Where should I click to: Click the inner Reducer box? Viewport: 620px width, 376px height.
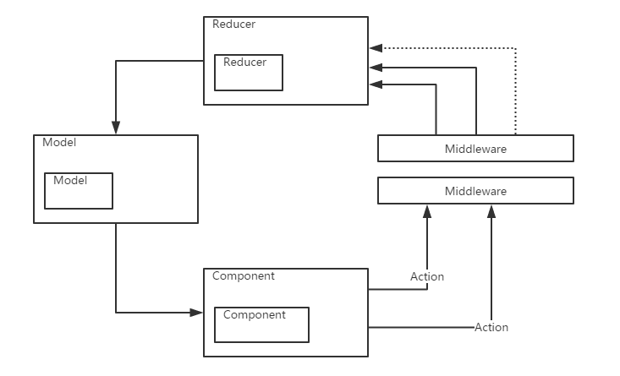(249, 73)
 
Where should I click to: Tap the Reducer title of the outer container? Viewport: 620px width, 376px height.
(233, 25)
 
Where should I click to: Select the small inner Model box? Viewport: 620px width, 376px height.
(79, 191)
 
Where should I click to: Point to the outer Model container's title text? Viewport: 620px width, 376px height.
(59, 142)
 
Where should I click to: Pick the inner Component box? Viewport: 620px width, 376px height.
(261, 324)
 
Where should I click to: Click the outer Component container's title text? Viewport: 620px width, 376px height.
(244, 276)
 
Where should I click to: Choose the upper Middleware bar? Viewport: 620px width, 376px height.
(475, 149)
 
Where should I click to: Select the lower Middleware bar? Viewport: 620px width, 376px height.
(475, 191)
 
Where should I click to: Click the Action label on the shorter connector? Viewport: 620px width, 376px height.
(427, 276)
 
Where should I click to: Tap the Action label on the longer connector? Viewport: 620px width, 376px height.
(491, 327)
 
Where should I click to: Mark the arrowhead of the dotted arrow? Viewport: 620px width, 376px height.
(375, 49)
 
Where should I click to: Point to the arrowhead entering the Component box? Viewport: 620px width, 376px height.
(197, 313)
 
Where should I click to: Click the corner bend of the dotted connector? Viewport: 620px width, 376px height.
(516, 49)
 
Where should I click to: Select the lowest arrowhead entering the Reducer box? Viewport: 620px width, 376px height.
(375, 84)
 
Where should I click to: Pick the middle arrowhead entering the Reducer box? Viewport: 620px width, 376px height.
(375, 67)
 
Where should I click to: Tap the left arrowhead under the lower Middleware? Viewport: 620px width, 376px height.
(427, 210)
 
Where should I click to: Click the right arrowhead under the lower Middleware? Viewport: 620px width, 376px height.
(491, 210)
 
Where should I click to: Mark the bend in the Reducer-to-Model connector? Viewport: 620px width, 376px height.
(115, 61)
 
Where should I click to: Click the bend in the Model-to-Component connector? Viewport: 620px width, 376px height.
(115, 313)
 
